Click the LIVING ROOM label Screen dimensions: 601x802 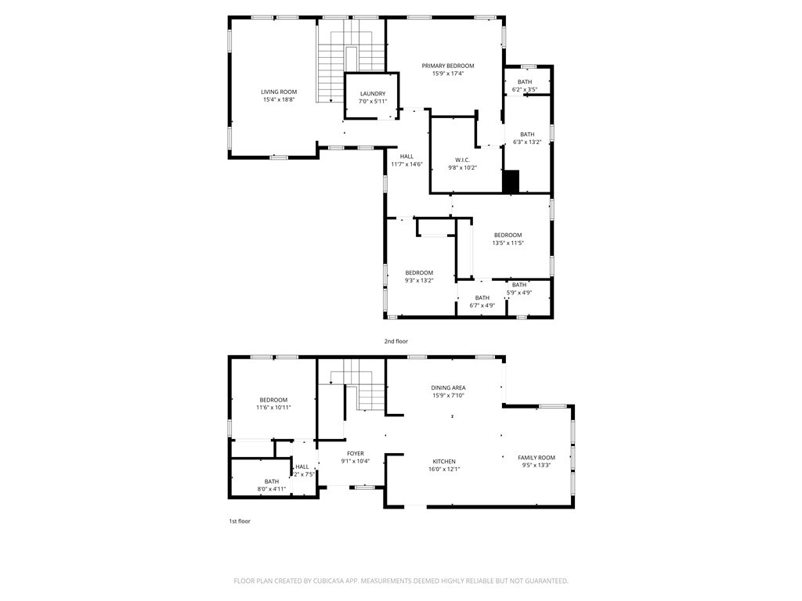279,92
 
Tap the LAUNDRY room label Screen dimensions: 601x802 373,94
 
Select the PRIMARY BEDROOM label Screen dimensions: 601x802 448,66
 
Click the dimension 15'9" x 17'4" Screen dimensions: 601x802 448,74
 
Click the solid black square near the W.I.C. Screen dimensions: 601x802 511,182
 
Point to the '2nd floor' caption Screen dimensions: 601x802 396,341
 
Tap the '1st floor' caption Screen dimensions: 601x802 239,520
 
